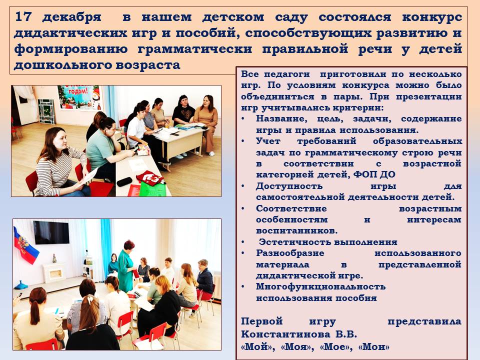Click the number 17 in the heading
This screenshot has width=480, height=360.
pyautogui.click(x=23, y=16)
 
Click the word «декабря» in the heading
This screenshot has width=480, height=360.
pyautogui.click(x=71, y=17)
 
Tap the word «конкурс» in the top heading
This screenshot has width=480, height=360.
pyautogui.click(x=432, y=17)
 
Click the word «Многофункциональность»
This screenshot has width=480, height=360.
pyautogui.click(x=320, y=287)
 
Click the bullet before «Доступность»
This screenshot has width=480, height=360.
pyautogui.click(x=243, y=186)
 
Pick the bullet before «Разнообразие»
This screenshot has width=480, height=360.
pyautogui.click(x=243, y=253)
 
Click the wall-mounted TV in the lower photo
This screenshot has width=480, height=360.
pyautogui.click(x=51, y=232)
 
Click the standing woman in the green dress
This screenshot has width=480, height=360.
pyautogui.click(x=126, y=266)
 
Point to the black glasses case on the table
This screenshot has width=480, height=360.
pyautogui.click(x=124, y=182)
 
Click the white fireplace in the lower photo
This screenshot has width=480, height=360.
pyautogui.click(x=54, y=272)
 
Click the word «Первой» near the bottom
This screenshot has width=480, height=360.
pyautogui.click(x=261, y=322)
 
